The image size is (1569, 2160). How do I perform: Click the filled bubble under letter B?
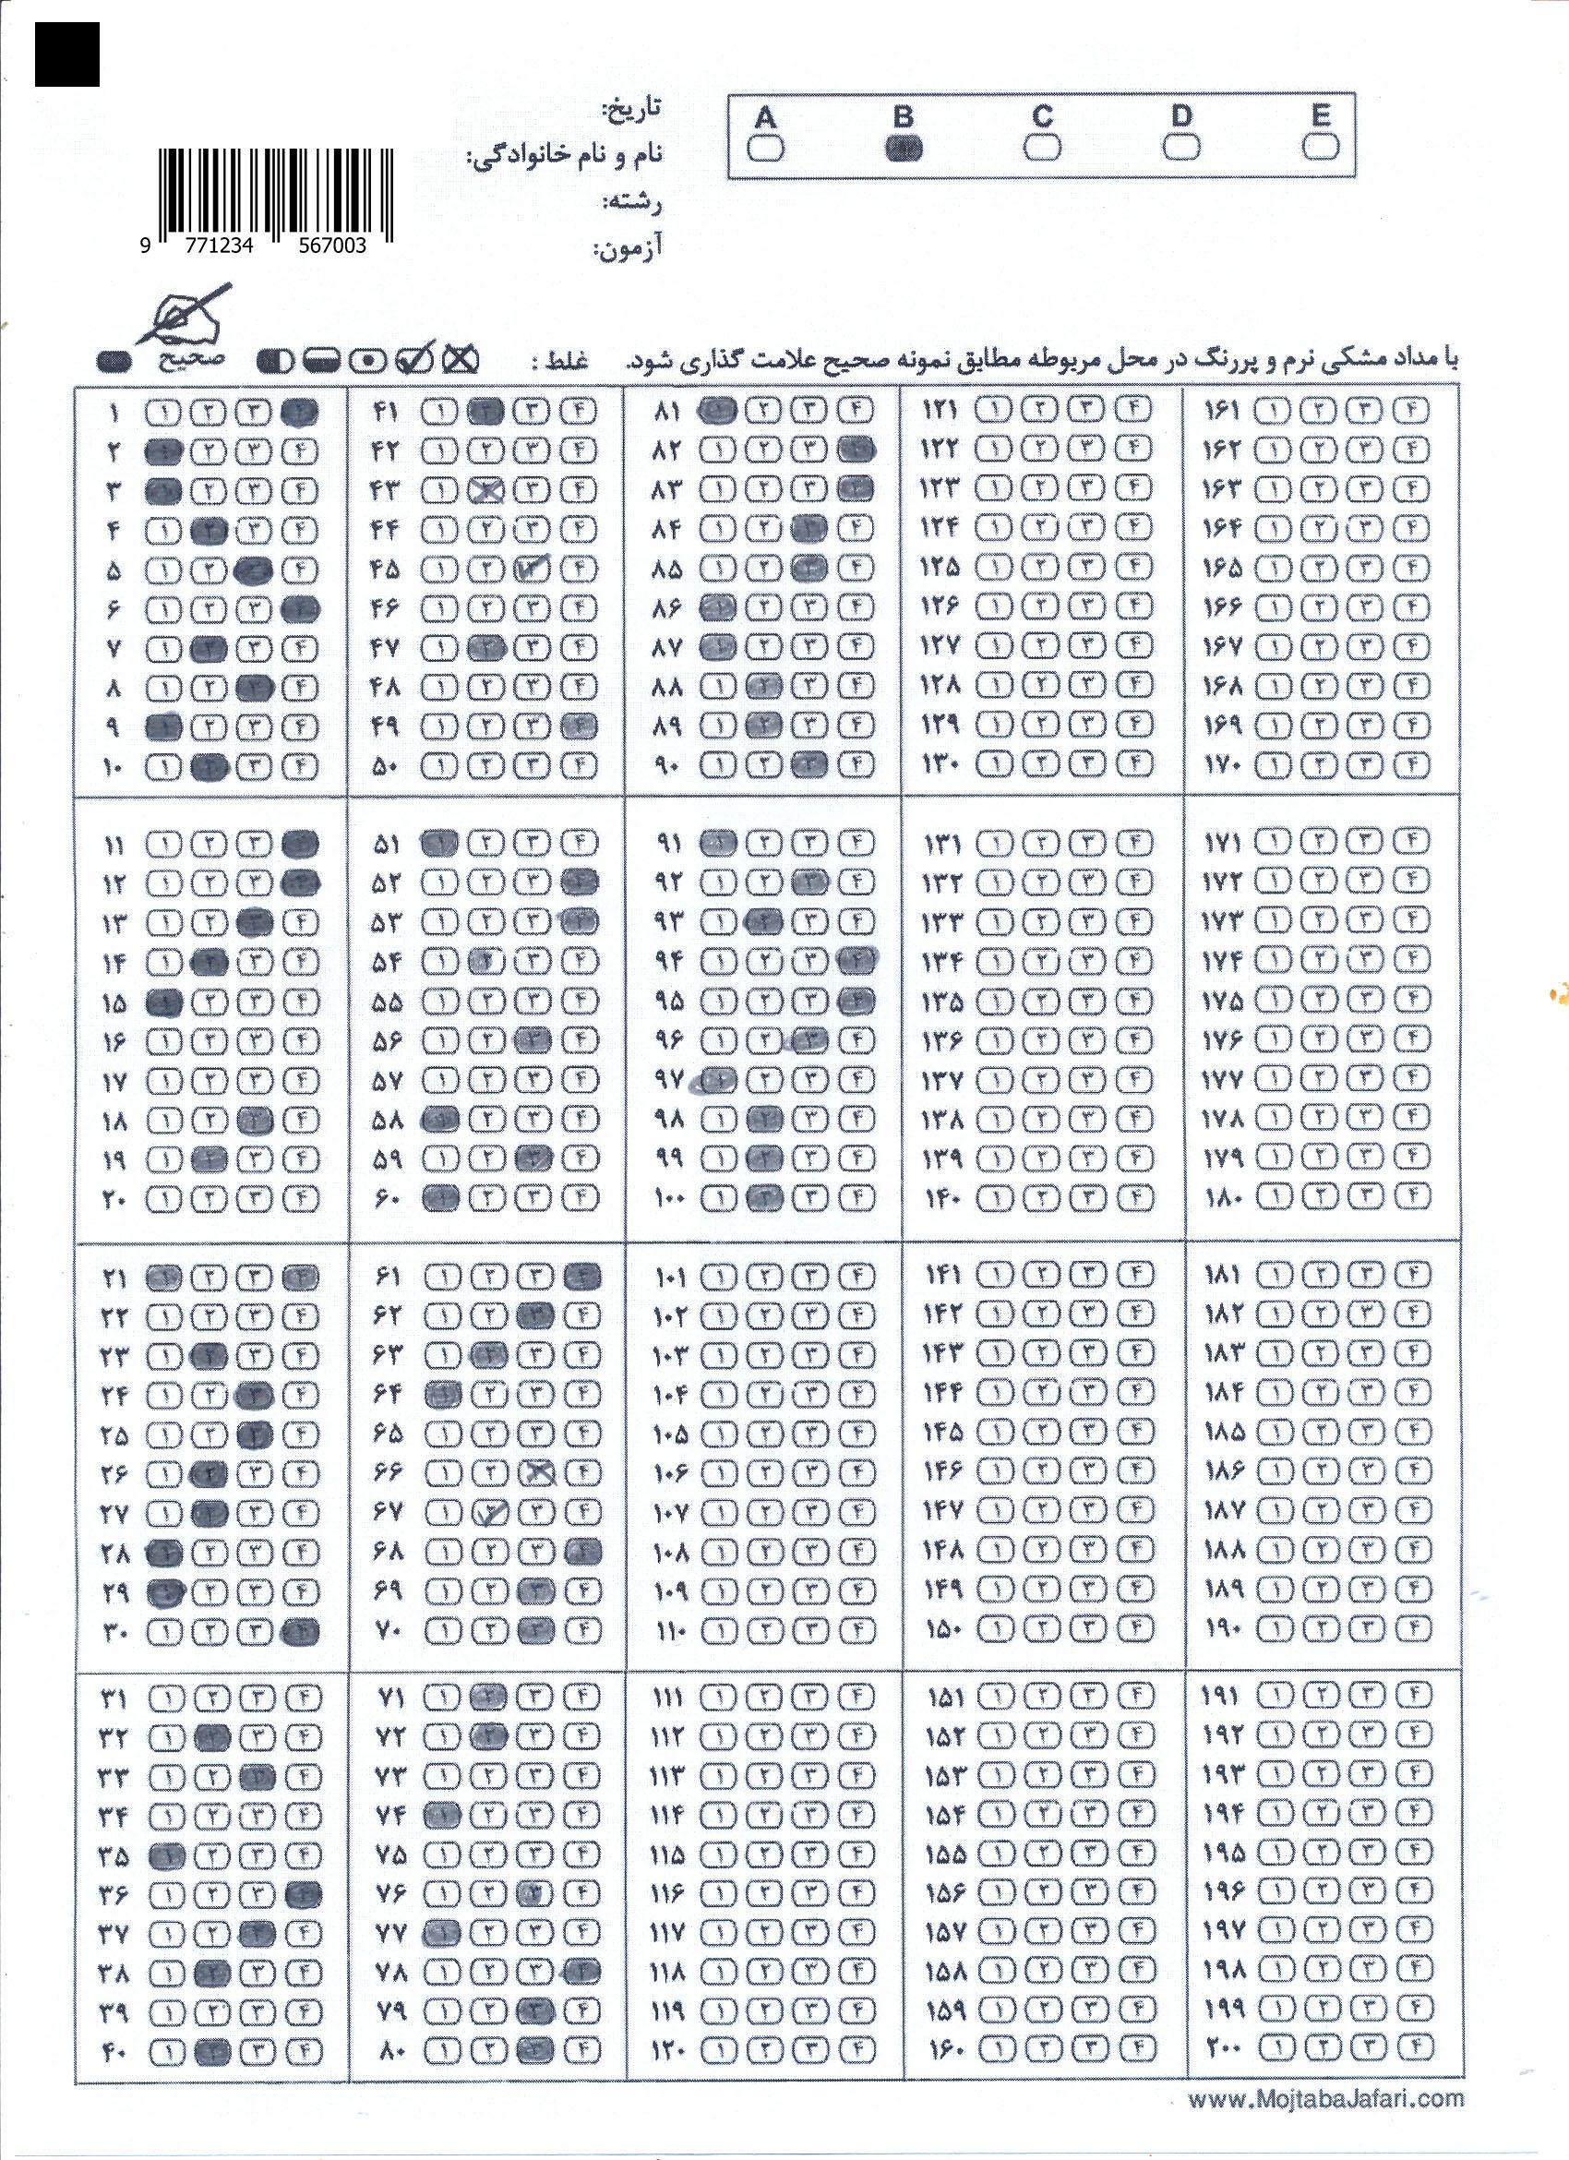tap(904, 149)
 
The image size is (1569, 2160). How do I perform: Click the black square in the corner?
tap(66, 54)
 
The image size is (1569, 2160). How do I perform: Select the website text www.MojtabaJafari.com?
tap(1325, 2099)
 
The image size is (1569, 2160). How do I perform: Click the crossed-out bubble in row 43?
tap(486, 490)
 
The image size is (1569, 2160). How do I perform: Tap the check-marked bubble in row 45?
tap(533, 570)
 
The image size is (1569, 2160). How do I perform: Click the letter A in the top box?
tap(764, 118)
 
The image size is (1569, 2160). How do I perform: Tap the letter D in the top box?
tap(1180, 116)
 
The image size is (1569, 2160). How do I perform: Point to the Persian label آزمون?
tap(628, 250)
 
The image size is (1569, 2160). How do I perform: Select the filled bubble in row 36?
tap(303, 1894)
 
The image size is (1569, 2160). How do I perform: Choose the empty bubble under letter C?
tap(1043, 148)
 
